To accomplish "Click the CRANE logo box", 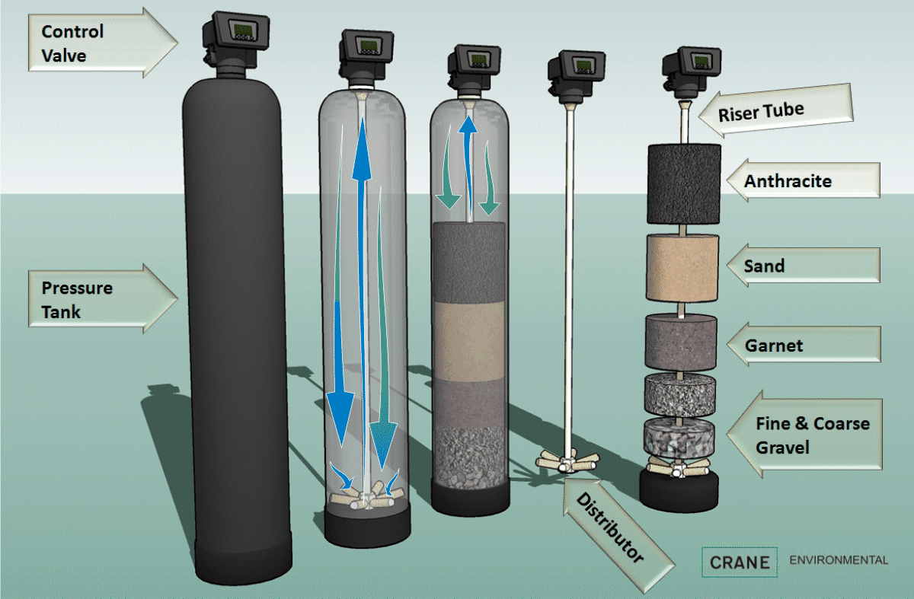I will [x=740, y=562].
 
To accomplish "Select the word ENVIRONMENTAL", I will [x=839, y=560].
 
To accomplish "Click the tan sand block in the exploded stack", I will [x=682, y=267].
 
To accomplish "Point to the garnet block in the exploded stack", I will [x=682, y=342].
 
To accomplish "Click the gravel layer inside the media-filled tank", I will [x=468, y=457].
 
